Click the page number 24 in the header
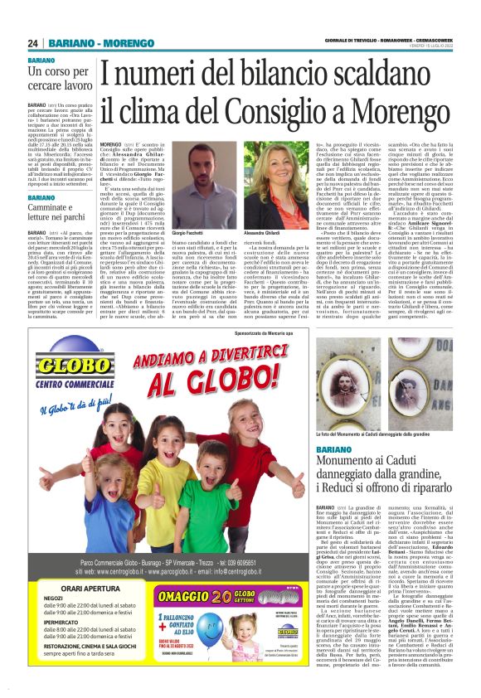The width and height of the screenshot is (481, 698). [33, 43]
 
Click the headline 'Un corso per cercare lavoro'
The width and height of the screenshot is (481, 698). [60, 78]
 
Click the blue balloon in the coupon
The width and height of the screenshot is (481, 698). [185, 638]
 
